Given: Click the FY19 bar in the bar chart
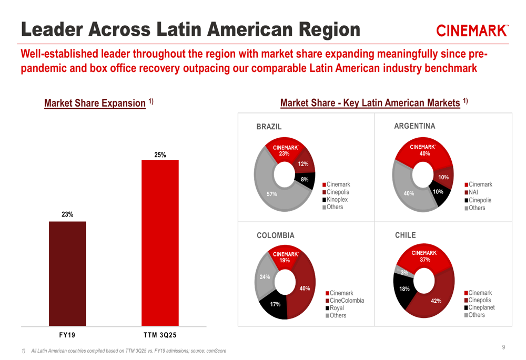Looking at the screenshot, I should point(67,273).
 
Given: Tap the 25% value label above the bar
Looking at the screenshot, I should point(160,155).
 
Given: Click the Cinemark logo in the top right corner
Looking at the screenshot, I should point(472,31).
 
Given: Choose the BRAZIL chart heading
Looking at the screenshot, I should point(269,127).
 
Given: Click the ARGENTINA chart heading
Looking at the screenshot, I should point(414,126).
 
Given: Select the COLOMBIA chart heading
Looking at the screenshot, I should point(275,235).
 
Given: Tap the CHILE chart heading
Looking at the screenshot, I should point(405,235).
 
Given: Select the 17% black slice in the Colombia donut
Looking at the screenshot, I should point(275,305).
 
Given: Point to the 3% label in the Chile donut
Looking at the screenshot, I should point(404,272).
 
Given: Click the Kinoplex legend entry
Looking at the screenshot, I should point(337,200).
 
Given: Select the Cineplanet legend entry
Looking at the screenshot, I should point(481,307).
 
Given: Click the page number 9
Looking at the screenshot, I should point(503,347).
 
